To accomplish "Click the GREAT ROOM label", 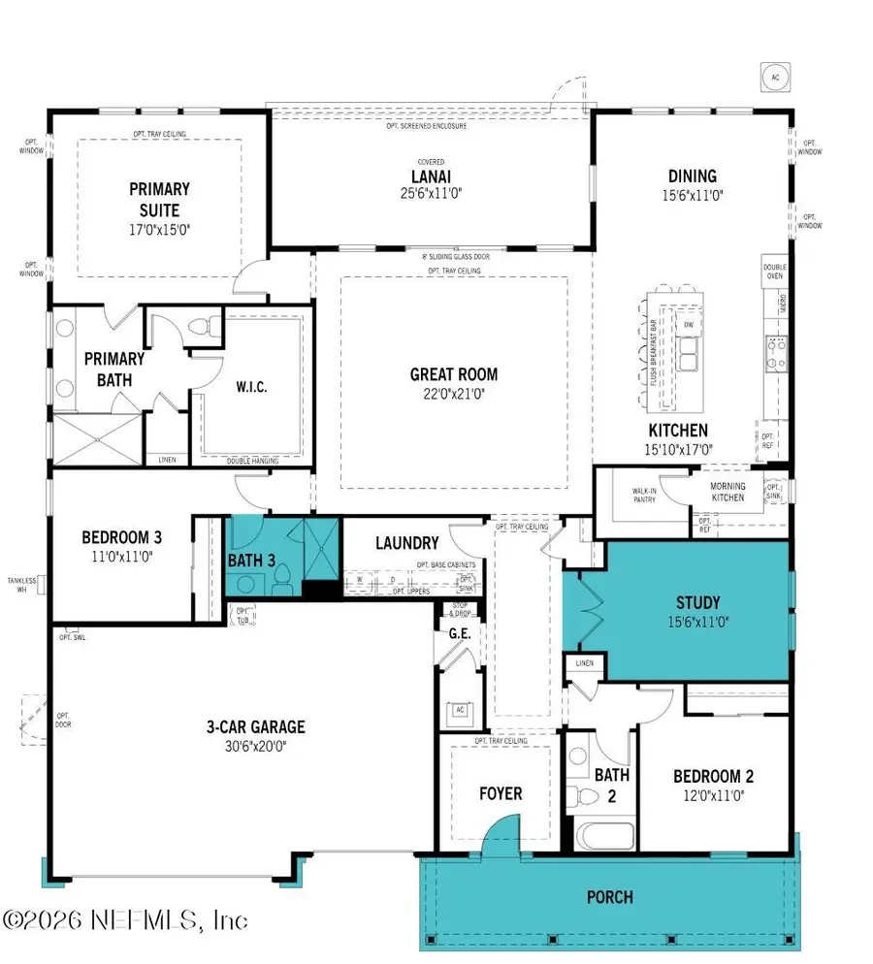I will tap(454, 374).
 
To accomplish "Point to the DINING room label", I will tap(693, 177).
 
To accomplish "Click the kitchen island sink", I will tap(691, 353).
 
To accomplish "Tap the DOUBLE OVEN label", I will tap(774, 272).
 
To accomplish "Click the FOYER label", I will tap(501, 793).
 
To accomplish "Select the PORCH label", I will tap(609, 897).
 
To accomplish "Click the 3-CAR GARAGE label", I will tap(255, 726).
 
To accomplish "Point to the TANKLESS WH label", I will tap(21, 586).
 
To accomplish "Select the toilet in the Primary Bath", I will tap(204, 329).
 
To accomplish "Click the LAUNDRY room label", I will tap(406, 544).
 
